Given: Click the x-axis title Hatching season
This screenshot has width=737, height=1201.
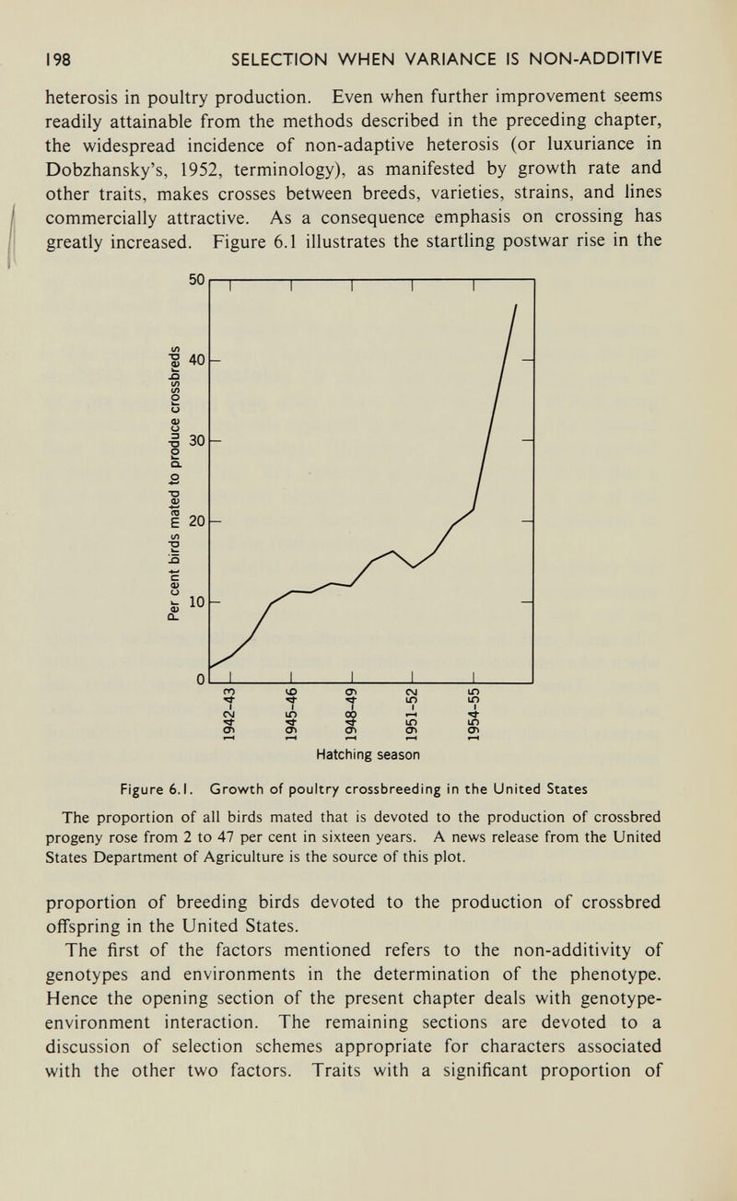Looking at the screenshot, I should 367,753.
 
